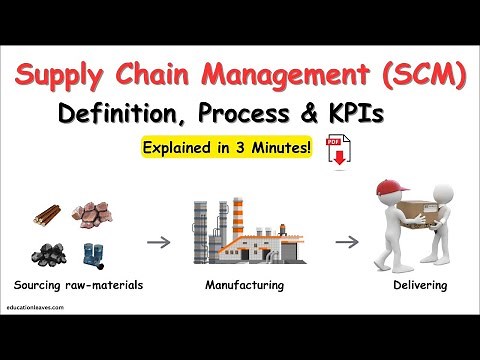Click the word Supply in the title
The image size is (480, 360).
pyautogui.click(x=72, y=76)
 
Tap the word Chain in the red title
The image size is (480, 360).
pyautogui.click(x=172, y=76)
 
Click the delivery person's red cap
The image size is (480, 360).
pyautogui.click(x=392, y=188)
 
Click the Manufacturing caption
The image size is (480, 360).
pyautogui.click(x=244, y=286)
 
